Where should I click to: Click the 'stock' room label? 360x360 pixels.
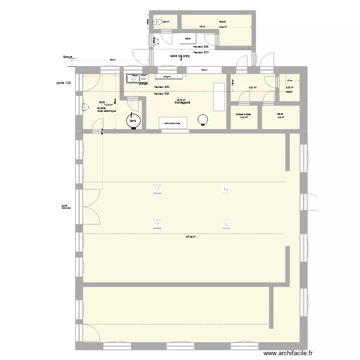coord(222,22)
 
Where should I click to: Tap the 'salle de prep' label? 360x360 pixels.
coord(180,56)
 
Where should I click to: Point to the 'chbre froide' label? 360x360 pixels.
coord(243,114)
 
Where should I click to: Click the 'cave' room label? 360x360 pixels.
coord(280,114)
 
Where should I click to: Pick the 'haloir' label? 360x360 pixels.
coord(289,91)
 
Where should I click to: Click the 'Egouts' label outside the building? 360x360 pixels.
coord(68,57)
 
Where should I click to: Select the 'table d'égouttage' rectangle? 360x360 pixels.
coord(173,123)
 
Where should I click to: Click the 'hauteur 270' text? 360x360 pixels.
coord(201,52)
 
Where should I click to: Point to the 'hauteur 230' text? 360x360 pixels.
coord(161,94)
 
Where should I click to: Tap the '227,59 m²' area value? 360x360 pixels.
coord(191,236)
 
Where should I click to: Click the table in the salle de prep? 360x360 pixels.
coord(188,38)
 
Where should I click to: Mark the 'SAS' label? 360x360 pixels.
coord(102,102)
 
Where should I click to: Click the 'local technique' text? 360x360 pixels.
coord(107,111)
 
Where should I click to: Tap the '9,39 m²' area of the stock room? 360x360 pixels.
coord(223,27)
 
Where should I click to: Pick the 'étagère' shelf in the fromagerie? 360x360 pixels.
coord(168,76)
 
